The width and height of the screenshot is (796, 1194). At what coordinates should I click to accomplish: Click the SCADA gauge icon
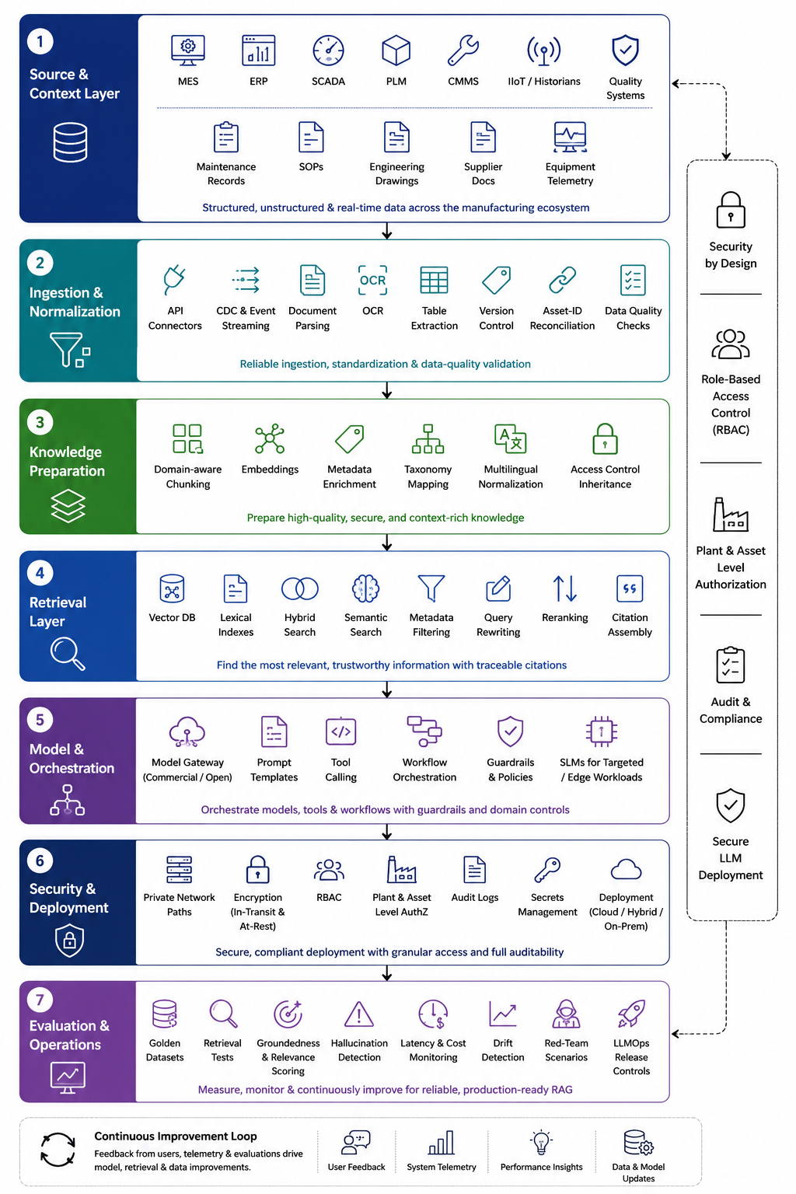point(328,51)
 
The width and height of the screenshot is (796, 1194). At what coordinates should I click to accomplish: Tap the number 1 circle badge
point(40,41)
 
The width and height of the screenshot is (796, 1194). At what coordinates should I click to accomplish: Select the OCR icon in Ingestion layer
point(372,280)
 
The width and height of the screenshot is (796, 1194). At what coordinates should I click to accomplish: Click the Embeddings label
point(270,469)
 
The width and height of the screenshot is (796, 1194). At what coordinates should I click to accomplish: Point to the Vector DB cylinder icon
point(172,588)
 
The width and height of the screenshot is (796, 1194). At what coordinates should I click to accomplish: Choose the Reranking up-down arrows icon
point(564,588)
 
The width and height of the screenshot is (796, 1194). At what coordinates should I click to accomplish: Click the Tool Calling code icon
point(340,731)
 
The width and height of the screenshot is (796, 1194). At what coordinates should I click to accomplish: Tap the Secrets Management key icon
point(547,869)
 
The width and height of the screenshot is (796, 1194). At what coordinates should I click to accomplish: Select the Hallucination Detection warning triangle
point(359,1014)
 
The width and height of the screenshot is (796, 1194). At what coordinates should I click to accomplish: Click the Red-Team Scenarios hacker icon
point(566,1014)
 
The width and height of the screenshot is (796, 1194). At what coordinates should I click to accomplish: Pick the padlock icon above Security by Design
point(731,209)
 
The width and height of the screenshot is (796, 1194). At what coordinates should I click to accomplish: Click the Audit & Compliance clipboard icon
point(731,665)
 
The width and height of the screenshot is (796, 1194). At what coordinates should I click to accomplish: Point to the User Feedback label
point(356,1167)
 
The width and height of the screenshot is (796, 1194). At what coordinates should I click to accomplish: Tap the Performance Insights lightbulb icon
point(541,1142)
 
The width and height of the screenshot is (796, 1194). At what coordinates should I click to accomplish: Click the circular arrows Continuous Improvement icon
point(58,1149)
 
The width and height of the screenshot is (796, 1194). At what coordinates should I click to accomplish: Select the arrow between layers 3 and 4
point(387,542)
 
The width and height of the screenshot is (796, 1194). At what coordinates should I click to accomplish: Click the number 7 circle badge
point(40,1000)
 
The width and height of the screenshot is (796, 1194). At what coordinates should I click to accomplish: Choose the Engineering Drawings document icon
point(396,137)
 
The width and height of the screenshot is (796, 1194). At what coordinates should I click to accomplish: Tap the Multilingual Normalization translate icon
point(510,438)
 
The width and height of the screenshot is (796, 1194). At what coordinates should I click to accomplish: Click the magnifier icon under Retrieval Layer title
point(68,654)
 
